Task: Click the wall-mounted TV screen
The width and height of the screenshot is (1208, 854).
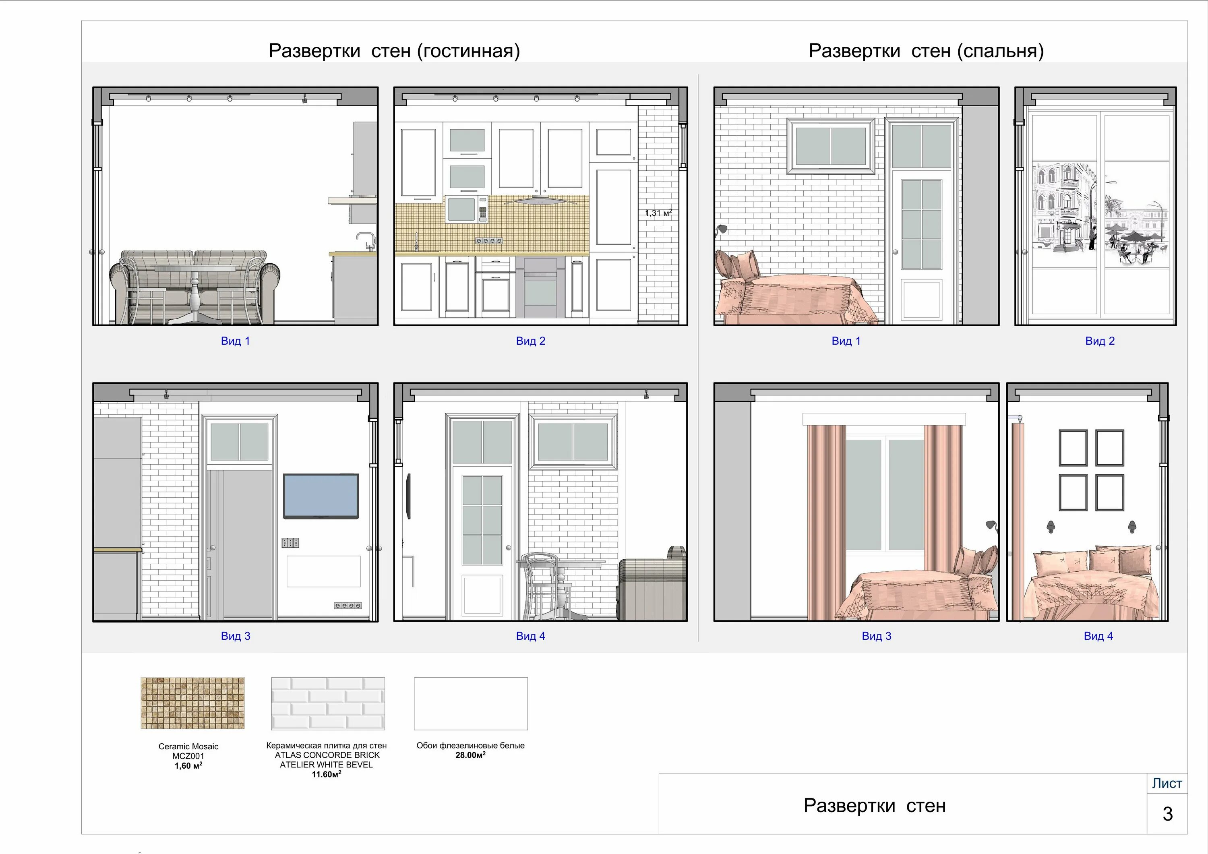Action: pos(321,496)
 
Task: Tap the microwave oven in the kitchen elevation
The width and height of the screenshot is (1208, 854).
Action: pos(467,209)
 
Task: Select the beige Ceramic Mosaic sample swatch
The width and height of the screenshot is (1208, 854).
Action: pos(192,703)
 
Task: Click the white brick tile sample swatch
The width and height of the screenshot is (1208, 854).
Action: pos(328,703)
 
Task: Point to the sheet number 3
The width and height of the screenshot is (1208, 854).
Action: pos(1167,814)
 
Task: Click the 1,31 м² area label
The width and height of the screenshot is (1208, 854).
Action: pos(659,213)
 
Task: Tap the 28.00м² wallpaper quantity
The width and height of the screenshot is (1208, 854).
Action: pos(470,755)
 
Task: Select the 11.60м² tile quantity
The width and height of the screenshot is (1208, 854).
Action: pos(327,775)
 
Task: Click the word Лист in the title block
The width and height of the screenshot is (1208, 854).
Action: pos(1167,784)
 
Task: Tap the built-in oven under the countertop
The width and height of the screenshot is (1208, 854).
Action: pos(540,287)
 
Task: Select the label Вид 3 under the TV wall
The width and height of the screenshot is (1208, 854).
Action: pos(236,636)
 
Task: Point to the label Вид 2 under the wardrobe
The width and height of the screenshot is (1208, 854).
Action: pos(1100,341)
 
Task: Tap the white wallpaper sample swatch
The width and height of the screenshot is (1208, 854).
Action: pos(471,703)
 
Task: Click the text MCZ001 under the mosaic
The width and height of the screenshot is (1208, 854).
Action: pos(188,756)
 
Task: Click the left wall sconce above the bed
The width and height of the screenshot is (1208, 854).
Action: pos(1051,527)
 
